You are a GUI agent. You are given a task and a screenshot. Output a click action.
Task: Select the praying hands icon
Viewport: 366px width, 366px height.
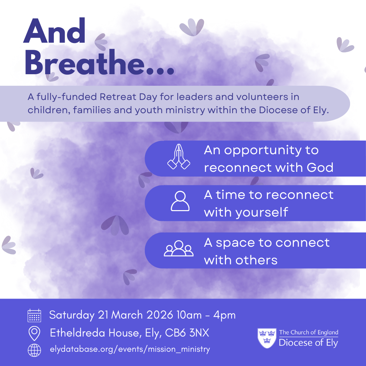pos(179,157)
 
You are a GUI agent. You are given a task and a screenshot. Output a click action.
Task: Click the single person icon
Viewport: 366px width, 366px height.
pos(180,201)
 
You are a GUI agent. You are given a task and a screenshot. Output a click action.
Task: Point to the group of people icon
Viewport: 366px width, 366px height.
pos(179,248)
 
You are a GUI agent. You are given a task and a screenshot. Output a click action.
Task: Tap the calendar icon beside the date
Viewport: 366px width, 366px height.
pos(34,316)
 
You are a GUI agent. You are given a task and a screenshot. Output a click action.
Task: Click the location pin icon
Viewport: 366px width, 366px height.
pos(34,333)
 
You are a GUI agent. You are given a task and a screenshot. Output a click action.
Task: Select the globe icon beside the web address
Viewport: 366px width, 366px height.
pos(34,350)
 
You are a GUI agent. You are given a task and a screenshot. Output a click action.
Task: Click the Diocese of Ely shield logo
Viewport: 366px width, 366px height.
pos(267,338)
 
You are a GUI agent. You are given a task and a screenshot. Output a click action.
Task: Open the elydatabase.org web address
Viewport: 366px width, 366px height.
pos(130,349)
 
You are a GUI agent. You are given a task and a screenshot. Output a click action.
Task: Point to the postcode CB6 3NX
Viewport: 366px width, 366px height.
pos(187,333)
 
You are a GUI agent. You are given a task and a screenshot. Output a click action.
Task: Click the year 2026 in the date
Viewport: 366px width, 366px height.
pos(160,315)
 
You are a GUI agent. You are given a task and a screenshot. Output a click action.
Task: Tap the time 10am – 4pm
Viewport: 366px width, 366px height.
pos(206,315)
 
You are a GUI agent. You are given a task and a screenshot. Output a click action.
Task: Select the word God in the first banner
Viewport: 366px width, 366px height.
pos(320,167)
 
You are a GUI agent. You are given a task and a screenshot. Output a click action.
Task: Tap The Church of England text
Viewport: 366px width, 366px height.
pos(309,332)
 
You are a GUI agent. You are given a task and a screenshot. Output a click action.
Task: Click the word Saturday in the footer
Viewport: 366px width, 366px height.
pos(72,315)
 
